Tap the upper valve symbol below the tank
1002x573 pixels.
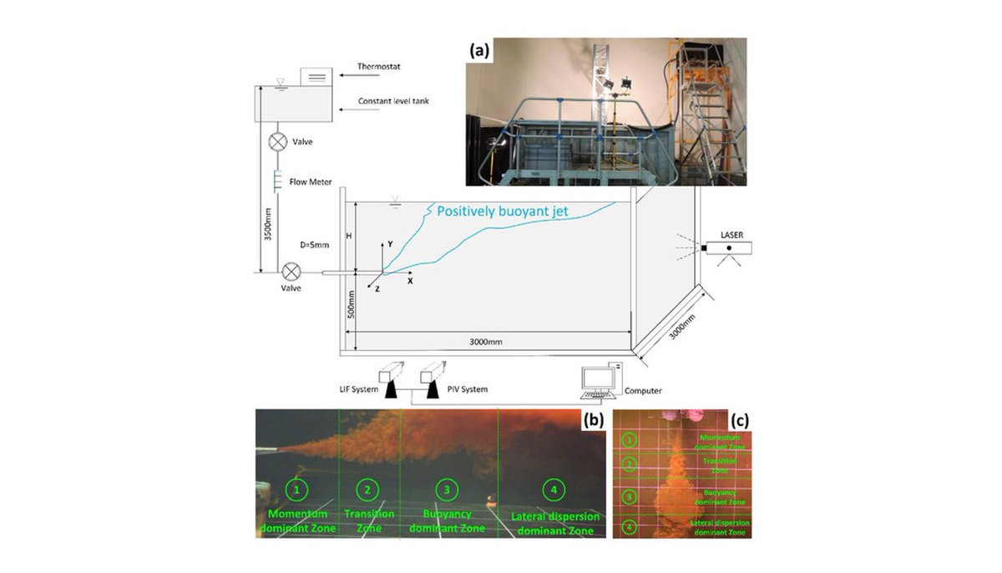277,142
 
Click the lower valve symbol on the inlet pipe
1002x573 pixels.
292,272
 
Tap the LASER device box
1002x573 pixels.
729,248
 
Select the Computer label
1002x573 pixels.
643,390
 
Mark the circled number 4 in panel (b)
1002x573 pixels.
551,489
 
